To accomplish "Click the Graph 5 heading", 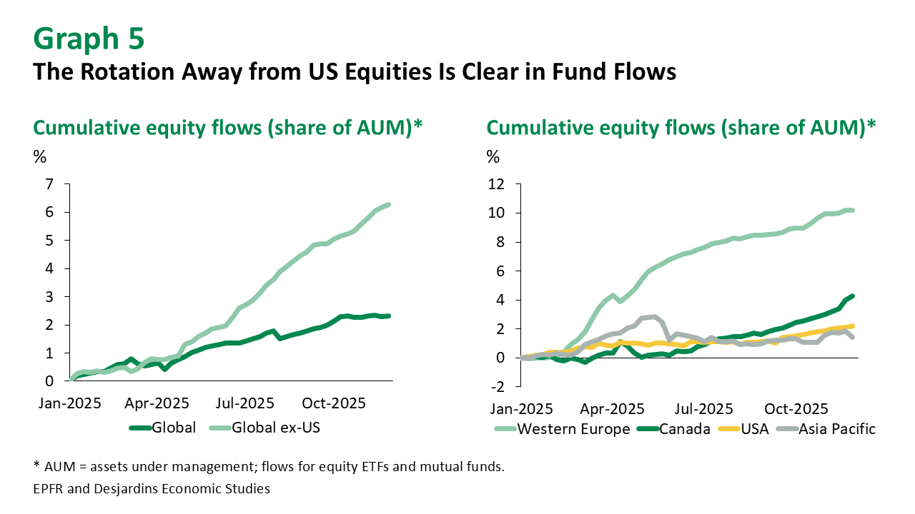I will coord(89,39).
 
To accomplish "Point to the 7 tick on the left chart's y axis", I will coord(49,184).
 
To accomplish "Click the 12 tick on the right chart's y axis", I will coord(497,184).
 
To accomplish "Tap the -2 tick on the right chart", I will coord(498,387).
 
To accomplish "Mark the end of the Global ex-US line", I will coord(388,205).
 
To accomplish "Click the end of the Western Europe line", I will coord(853,211).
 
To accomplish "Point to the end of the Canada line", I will coord(853,296).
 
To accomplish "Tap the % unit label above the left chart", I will coord(40,156).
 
